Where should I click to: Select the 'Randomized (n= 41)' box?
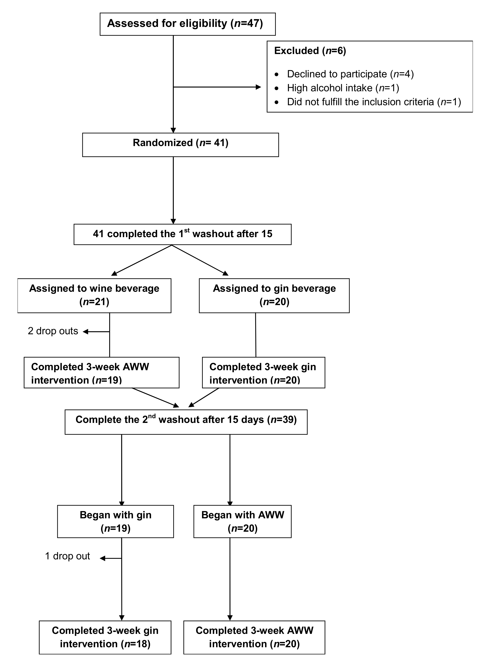click(180, 145)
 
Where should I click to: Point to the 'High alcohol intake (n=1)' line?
click(343, 88)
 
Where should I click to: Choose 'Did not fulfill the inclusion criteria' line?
click(374, 102)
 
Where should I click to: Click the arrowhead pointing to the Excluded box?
click(258, 87)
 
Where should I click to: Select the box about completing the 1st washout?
click(182, 234)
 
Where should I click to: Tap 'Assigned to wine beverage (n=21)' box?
click(94, 295)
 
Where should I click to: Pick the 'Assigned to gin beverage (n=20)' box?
click(274, 295)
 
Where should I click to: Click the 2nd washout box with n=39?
click(186, 422)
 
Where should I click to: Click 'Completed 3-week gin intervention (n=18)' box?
click(105, 637)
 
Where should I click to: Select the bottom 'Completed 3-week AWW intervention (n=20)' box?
click(254, 637)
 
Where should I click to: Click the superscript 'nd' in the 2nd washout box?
click(152, 416)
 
